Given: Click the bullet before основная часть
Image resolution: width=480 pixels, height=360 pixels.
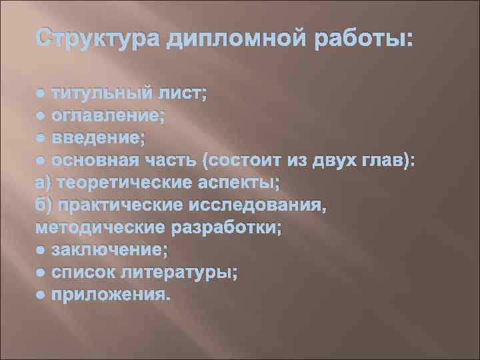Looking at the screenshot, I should tap(41, 161).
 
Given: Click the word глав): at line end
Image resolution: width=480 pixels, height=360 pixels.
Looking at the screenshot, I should tap(390, 161).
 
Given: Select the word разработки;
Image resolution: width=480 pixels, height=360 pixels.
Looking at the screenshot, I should tap(227, 227).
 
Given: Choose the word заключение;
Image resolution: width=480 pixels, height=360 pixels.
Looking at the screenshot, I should tap(110, 249).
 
